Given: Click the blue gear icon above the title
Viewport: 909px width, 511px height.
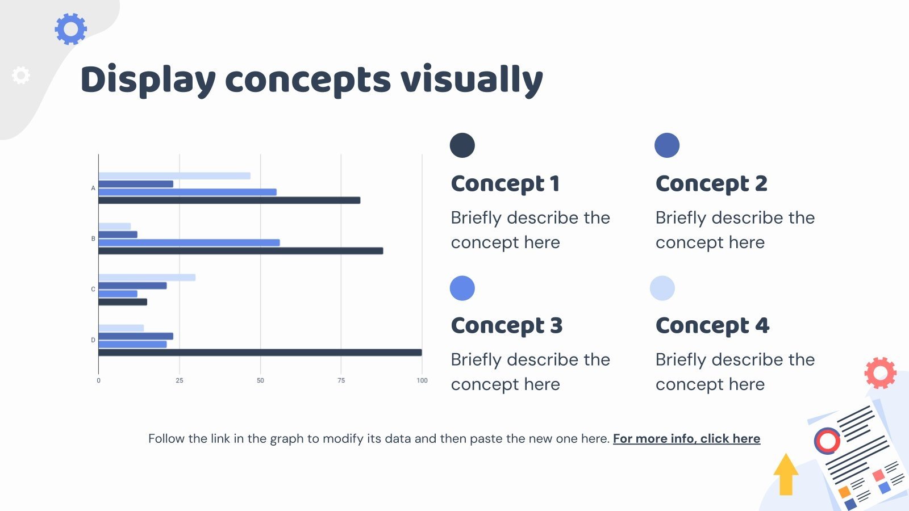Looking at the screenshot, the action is point(70,29).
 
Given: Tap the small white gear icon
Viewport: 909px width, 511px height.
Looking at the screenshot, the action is point(20,75).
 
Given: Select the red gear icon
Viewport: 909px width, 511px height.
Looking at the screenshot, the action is point(880,372).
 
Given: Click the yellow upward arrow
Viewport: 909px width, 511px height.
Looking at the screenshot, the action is point(786,474).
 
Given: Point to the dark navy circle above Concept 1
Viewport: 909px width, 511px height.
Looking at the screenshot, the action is point(462,145).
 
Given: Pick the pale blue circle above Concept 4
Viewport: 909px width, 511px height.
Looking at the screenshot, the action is point(662,288).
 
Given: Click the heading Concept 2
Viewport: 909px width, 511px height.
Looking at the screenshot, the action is point(711,183).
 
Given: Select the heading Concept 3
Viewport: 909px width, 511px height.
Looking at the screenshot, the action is point(506,325).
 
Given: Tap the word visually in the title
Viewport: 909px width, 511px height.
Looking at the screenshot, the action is point(472,80).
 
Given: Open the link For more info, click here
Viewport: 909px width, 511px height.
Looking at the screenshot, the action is point(687,438).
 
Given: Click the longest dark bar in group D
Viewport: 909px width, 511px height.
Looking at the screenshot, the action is point(260,353).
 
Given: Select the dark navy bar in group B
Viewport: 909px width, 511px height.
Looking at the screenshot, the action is point(241,251).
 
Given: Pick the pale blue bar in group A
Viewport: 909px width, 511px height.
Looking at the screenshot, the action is point(174,175).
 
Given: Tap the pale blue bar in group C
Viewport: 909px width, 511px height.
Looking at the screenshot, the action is point(147,278).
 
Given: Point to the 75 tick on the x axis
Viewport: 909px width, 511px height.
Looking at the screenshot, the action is point(341,380).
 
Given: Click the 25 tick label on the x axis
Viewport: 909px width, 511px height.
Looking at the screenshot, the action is point(180,380).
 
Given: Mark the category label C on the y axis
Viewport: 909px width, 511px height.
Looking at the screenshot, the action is point(93,289).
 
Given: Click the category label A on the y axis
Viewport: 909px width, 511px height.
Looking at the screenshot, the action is point(93,188).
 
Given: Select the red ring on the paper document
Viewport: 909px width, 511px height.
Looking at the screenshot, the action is point(827,441).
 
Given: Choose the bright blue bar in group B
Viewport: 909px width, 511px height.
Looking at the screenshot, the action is point(189,242).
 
